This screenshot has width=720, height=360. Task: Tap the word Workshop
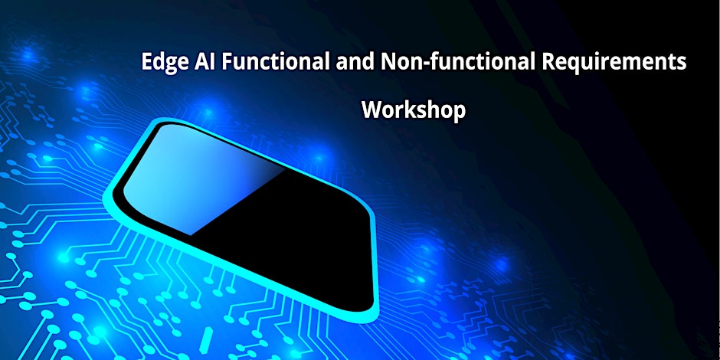(414, 110)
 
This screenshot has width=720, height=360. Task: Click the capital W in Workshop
(373, 110)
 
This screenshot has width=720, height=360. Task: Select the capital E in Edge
(147, 61)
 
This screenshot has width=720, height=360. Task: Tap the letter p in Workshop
(459, 113)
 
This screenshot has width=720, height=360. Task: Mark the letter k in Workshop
(413, 110)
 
